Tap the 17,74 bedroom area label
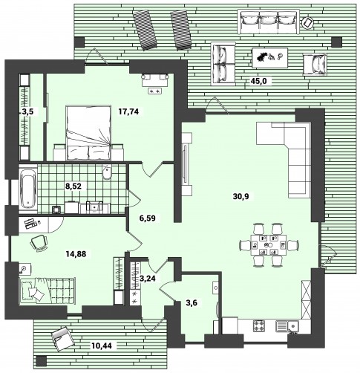click(x=128, y=111)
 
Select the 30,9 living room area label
click(x=240, y=196)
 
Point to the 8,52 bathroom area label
click(x=73, y=186)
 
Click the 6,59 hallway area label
click(x=148, y=218)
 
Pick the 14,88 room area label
click(x=76, y=253)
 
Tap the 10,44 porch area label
click(x=102, y=345)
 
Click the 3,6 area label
click(x=192, y=302)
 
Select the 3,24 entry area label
click(x=148, y=279)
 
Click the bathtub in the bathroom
click(x=28, y=189)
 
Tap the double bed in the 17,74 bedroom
click(x=88, y=133)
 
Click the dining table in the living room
click(x=269, y=245)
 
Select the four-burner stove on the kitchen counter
click(x=259, y=325)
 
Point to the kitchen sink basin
click(x=293, y=325)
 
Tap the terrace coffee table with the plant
click(x=269, y=57)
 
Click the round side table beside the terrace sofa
click(x=308, y=23)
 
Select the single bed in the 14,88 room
click(x=47, y=290)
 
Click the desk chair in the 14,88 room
click(x=39, y=243)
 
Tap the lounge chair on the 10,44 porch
click(x=62, y=339)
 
